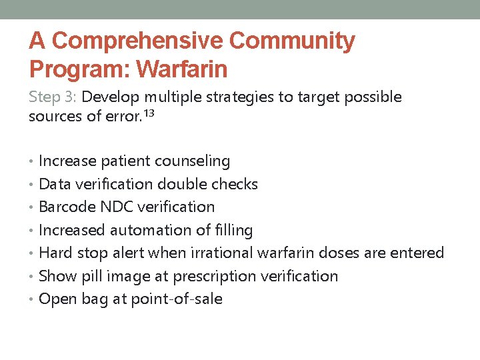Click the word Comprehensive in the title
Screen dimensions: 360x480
[137, 41]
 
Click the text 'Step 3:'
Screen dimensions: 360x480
[53, 97]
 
